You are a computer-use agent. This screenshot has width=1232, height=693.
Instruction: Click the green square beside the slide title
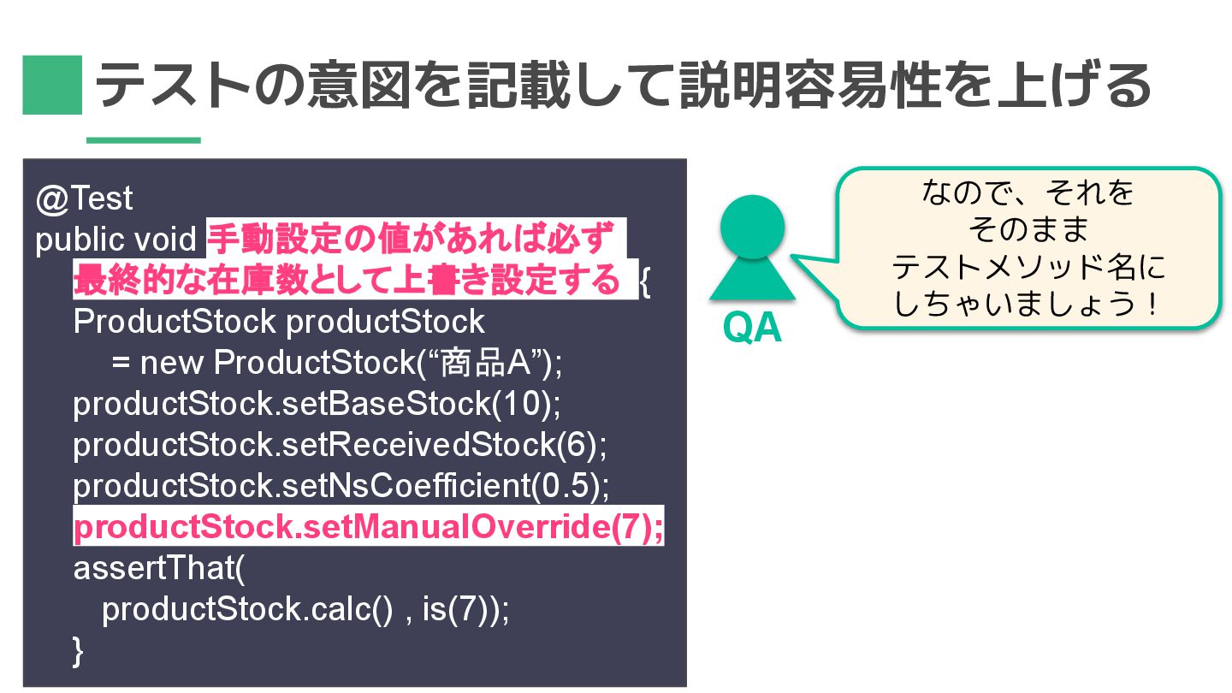(52, 85)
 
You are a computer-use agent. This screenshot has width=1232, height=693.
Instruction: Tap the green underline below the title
(144, 140)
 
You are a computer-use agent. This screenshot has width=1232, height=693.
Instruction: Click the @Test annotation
(85, 198)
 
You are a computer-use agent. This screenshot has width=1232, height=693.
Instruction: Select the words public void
(115, 240)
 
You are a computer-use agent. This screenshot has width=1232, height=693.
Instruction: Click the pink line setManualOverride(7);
(368, 527)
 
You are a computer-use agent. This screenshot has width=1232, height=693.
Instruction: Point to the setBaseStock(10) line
(317, 404)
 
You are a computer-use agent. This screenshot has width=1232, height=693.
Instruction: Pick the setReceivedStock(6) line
(340, 445)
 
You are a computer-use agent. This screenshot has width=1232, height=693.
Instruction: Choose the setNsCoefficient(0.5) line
(341, 486)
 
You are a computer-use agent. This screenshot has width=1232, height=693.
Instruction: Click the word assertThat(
(159, 568)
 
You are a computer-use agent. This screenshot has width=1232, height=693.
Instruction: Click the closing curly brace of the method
(79, 650)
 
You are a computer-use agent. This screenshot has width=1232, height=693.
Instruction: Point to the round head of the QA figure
(752, 227)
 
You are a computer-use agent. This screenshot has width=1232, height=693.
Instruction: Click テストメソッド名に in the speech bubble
(1028, 268)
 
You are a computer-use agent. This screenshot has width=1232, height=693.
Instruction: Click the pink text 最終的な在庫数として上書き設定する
(346, 281)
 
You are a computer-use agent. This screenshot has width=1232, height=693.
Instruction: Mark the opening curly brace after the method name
(645, 282)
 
